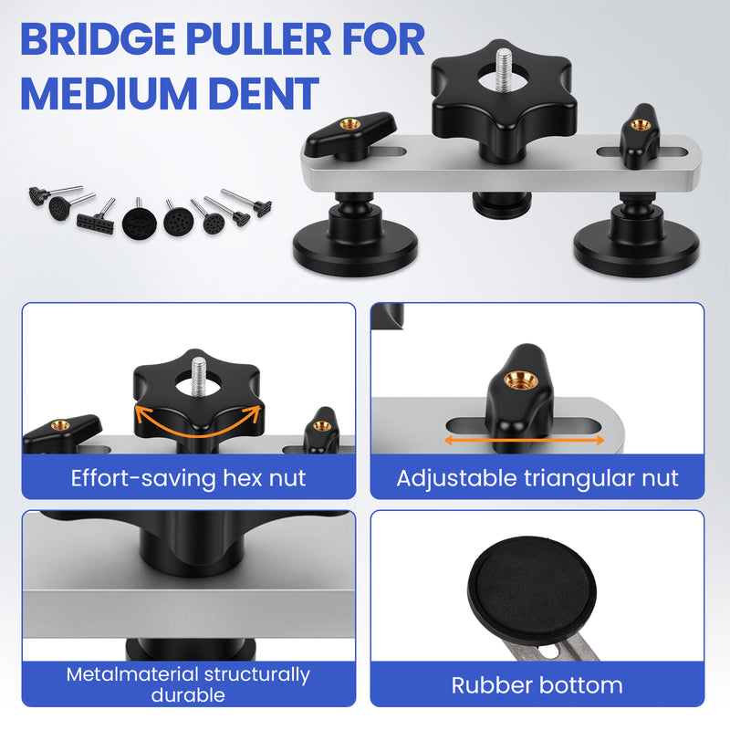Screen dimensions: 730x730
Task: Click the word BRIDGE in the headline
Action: coord(98,39)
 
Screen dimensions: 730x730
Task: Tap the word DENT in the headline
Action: coord(264,94)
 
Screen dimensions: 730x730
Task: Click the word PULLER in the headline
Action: coord(259,39)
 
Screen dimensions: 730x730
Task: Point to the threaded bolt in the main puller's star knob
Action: coord(504,70)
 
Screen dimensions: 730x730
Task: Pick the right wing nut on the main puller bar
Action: coord(640,135)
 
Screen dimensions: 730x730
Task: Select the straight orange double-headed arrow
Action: coord(525,440)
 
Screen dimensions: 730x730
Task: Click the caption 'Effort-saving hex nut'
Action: coord(188,478)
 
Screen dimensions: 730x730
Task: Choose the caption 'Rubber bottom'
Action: coord(537,685)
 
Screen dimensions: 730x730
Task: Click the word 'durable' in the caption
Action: coord(188,695)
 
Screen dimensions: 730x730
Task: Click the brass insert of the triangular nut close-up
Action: coord(521,381)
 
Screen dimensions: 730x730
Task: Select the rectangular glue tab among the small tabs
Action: coord(96,224)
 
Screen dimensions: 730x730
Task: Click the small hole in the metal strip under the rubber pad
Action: coord(549,652)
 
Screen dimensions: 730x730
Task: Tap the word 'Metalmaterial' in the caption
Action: coord(132,674)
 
